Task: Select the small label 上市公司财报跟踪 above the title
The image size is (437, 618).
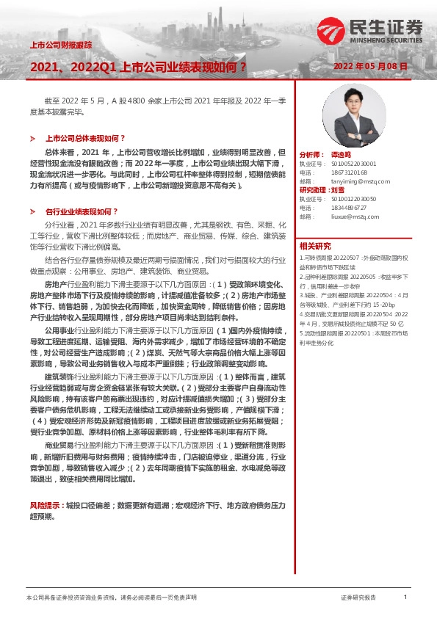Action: pos(60,45)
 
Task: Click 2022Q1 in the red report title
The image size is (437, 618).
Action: pos(96,67)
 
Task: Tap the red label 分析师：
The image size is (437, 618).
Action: pos(311,155)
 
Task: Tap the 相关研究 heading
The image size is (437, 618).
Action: pos(314,246)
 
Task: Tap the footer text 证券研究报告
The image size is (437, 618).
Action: pos(358,598)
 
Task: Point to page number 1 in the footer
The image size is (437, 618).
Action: pos(405,597)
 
